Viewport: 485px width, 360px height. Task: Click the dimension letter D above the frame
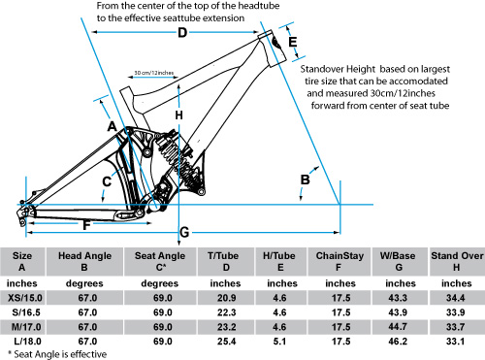click(x=182, y=32)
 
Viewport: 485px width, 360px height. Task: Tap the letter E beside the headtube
click(x=293, y=43)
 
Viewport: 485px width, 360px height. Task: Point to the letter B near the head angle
click(x=305, y=180)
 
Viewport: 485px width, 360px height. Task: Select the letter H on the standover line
click(x=178, y=115)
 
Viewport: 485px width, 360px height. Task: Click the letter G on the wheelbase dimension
click(x=184, y=232)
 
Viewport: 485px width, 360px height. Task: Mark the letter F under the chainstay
click(x=86, y=225)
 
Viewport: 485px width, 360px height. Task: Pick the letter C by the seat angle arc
click(x=107, y=181)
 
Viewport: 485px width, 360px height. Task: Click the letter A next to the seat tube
click(x=112, y=126)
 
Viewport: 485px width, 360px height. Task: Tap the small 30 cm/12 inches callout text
click(x=154, y=73)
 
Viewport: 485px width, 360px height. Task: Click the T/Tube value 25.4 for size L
click(x=226, y=342)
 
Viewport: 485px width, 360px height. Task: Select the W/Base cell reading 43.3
click(x=398, y=298)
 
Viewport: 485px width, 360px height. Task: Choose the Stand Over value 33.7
click(x=456, y=327)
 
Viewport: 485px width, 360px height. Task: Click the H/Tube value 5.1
click(x=279, y=342)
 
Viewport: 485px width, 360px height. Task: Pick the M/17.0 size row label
click(x=26, y=327)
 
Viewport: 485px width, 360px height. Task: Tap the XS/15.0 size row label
click(x=25, y=298)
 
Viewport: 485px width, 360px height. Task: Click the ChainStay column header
click(x=339, y=261)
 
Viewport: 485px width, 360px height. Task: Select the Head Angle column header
click(x=84, y=261)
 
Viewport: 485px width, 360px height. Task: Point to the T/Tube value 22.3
click(x=226, y=312)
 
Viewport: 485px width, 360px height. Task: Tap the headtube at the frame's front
click(x=273, y=48)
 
